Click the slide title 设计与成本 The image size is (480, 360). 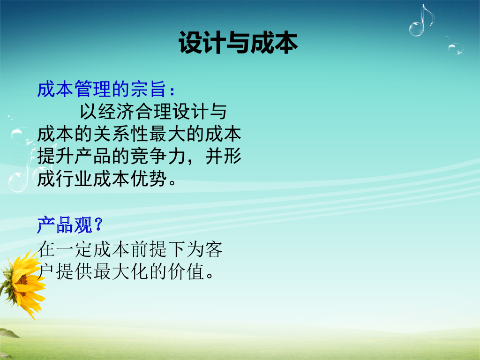point(238,43)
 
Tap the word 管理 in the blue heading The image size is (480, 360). point(92,89)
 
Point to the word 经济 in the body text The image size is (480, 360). point(117,112)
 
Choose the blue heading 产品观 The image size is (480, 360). point(65,225)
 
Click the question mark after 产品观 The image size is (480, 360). point(98,225)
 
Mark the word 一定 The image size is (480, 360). point(74,249)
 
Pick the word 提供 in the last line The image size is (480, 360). point(74,271)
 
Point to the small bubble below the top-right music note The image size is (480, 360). point(456,49)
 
